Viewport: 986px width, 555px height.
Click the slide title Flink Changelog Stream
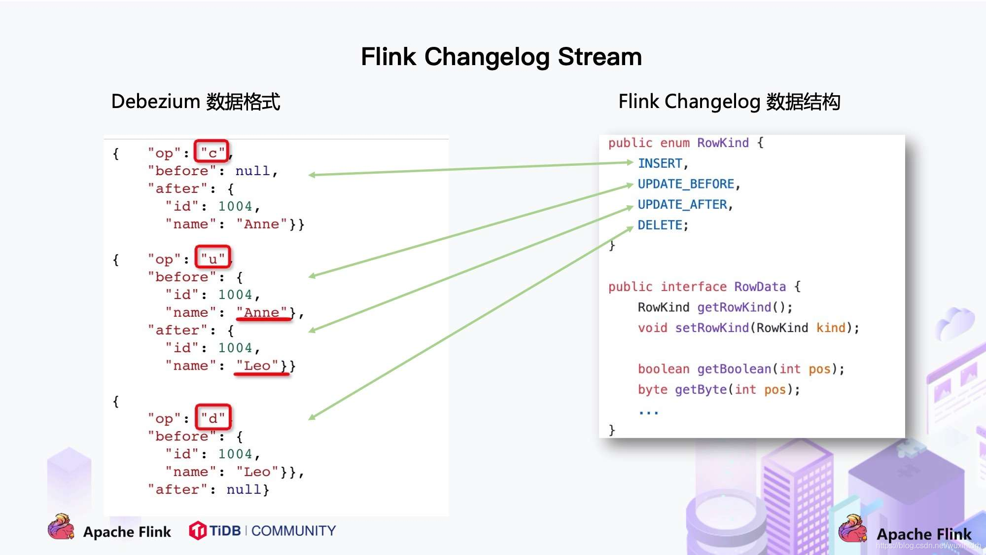click(x=501, y=57)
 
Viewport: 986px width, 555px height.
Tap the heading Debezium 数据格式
click(x=196, y=102)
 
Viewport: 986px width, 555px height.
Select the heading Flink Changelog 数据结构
click(x=729, y=102)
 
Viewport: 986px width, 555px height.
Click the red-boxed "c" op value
click(x=212, y=152)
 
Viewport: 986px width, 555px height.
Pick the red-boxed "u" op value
click(x=212, y=258)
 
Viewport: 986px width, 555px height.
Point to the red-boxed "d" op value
click(x=213, y=418)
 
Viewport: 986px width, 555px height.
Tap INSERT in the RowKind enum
click(x=660, y=163)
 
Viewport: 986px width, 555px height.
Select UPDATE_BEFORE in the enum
click(x=686, y=184)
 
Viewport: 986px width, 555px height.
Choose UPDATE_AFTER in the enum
click(x=682, y=204)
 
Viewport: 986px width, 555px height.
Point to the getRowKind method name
click(x=734, y=307)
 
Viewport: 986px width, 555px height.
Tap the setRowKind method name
click(x=711, y=328)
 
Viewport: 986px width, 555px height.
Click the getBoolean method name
click(x=734, y=369)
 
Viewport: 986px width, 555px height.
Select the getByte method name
click(x=701, y=390)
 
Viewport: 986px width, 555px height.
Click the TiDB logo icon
click(x=198, y=531)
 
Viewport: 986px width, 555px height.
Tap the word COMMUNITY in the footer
click(x=293, y=531)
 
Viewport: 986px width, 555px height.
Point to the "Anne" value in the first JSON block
click(x=261, y=224)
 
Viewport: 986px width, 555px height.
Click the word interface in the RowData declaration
click(x=694, y=287)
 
